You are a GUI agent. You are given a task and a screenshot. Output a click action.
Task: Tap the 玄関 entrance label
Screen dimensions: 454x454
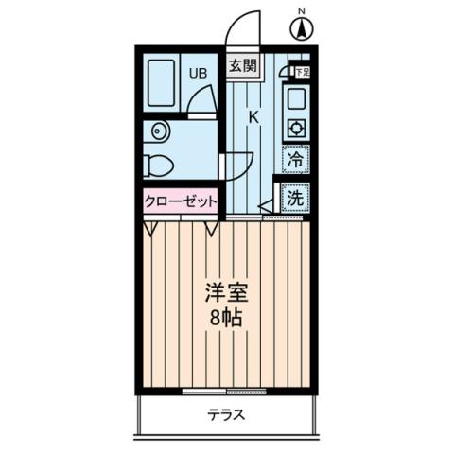tap(242, 66)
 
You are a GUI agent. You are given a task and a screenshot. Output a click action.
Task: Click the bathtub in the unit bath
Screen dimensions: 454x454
tap(162, 82)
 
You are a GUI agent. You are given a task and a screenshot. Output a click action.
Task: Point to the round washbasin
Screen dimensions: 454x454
tap(156, 131)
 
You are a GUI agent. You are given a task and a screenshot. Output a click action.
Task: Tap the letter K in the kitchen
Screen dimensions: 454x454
tap(253, 117)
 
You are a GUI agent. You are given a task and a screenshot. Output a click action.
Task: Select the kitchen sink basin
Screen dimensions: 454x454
tap(295, 97)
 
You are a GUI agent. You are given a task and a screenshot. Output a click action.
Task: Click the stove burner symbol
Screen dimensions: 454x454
tap(295, 127)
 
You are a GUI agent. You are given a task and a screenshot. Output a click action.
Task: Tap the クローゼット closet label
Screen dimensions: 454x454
tap(181, 201)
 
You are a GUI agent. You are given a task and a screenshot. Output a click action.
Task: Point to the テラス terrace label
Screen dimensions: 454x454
tap(227, 413)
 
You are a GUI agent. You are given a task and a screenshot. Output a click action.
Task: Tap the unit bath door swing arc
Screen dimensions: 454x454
tap(198, 98)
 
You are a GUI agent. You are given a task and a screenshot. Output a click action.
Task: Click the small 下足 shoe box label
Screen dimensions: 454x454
tap(301, 71)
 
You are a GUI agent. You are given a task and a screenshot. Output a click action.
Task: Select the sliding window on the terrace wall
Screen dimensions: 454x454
tap(227, 390)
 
